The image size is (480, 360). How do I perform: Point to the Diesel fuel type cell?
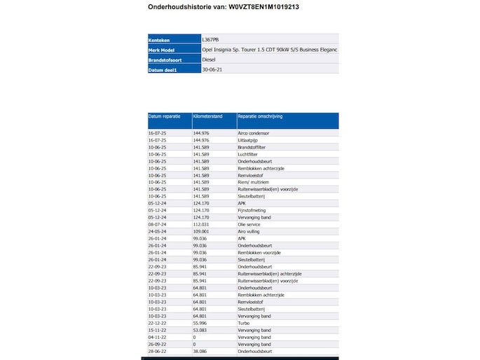coord(210,60)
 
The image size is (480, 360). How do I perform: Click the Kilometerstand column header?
coord(208,116)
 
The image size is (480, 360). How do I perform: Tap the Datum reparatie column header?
coord(164,116)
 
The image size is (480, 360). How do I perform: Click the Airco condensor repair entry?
coord(254,132)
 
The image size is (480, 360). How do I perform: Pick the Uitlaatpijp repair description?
coord(249,139)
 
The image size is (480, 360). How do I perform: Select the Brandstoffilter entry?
coord(253,146)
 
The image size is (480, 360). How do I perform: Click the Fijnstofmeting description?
coord(254,210)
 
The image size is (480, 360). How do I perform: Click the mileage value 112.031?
coord(202,224)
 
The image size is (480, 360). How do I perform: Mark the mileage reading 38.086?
coord(201,352)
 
